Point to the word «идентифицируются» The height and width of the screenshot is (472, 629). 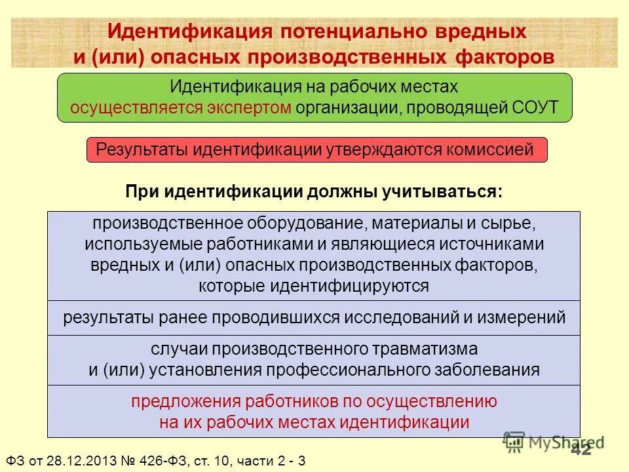(368, 286)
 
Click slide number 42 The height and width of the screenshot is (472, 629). (581, 449)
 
